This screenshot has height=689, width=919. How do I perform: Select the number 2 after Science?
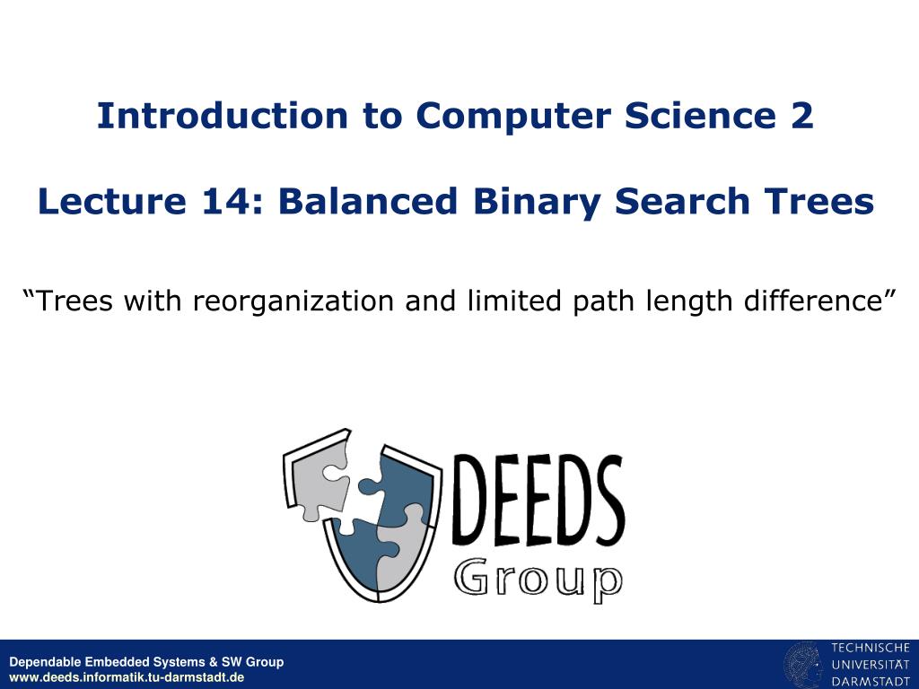[x=802, y=116]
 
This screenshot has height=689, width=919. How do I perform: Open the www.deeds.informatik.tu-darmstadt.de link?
[x=127, y=677]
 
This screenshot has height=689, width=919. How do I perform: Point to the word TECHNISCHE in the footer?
[x=870, y=648]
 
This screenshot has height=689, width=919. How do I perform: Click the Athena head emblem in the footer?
[x=803, y=665]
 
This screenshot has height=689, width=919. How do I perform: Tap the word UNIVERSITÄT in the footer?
[x=870, y=665]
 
